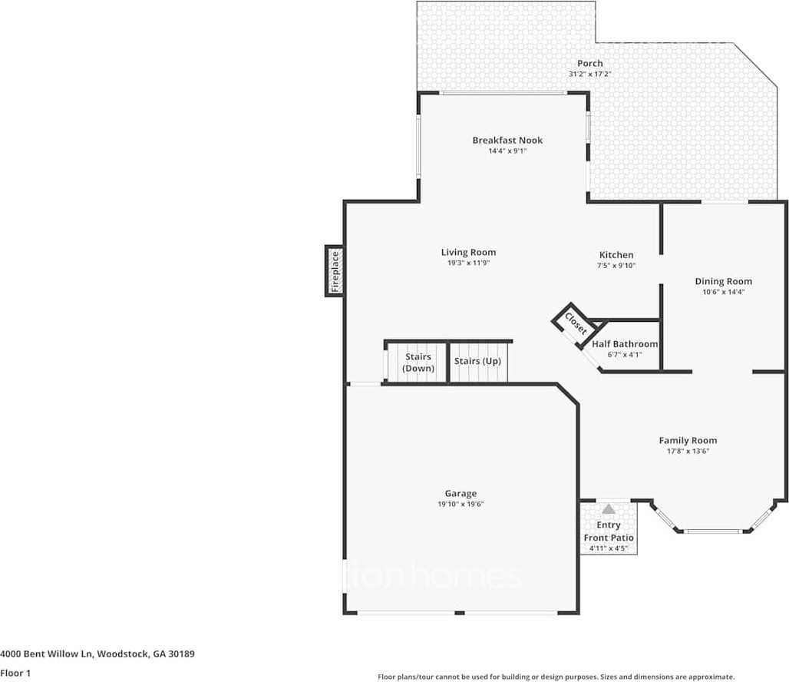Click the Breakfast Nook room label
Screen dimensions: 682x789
(x=507, y=140)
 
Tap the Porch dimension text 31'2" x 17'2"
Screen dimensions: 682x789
(x=589, y=74)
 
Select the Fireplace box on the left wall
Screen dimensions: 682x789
(x=334, y=270)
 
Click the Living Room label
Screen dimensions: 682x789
(x=468, y=252)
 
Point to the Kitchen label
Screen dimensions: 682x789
(x=616, y=255)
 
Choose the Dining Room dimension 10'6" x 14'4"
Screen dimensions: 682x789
(x=723, y=292)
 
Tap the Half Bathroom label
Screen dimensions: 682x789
(x=625, y=344)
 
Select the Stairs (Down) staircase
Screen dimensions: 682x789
(x=418, y=363)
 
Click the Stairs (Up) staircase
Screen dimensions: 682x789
(x=477, y=362)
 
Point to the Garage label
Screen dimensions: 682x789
(x=461, y=493)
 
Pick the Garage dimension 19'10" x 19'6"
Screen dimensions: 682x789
(x=461, y=505)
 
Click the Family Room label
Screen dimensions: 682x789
(x=688, y=440)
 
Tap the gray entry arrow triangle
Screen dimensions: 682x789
(x=609, y=508)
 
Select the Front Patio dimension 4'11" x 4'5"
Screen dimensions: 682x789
(x=608, y=548)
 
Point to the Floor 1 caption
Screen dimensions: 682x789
(x=15, y=672)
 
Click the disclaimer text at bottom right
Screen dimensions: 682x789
(x=556, y=677)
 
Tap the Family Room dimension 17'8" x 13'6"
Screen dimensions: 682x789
(x=688, y=452)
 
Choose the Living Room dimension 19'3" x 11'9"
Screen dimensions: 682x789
(x=468, y=263)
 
